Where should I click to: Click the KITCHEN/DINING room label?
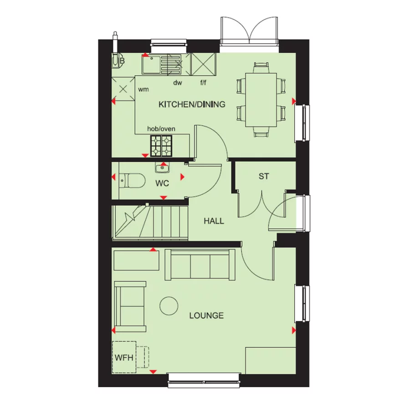pyautogui.click(x=192, y=104)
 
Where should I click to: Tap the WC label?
pyautogui.click(x=163, y=184)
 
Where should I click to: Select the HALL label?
pyautogui.click(x=214, y=221)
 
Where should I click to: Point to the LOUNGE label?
pyautogui.click(x=206, y=315)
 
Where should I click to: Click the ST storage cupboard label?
pyautogui.click(x=264, y=176)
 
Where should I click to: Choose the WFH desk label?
pyautogui.click(x=124, y=357)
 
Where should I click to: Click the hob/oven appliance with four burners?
pyautogui.click(x=162, y=145)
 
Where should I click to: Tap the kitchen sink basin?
pyautogui.click(x=150, y=64)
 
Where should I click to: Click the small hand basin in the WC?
pyautogui.click(x=162, y=168)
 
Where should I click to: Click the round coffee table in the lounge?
pyautogui.click(x=169, y=305)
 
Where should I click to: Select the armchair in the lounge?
pyautogui.click(x=130, y=306)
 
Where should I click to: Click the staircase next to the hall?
pyautogui.click(x=150, y=222)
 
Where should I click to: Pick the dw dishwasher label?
pyautogui.click(x=178, y=83)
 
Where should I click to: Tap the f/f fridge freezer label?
pyautogui.click(x=204, y=83)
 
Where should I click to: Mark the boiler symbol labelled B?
pyautogui.click(x=119, y=60)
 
